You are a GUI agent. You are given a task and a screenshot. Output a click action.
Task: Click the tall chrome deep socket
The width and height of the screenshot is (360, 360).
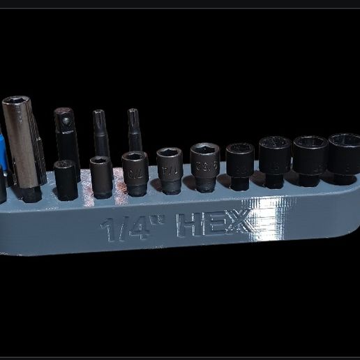(20, 147)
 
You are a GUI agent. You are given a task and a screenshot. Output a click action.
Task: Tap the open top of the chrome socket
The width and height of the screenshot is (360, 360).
(15, 102)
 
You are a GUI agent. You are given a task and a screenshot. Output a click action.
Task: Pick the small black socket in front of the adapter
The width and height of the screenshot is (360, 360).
(66, 179)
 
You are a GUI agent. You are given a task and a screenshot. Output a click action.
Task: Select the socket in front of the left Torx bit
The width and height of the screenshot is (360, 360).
(101, 177)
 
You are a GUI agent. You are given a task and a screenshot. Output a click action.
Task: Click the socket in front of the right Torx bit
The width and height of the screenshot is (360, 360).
(135, 172)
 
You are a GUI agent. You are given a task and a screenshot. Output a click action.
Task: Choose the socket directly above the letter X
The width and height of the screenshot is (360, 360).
(239, 165)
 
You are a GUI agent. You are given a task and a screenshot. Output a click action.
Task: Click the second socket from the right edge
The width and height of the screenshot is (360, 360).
(310, 160)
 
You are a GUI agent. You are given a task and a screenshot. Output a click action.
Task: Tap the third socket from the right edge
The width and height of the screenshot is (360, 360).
(274, 161)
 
